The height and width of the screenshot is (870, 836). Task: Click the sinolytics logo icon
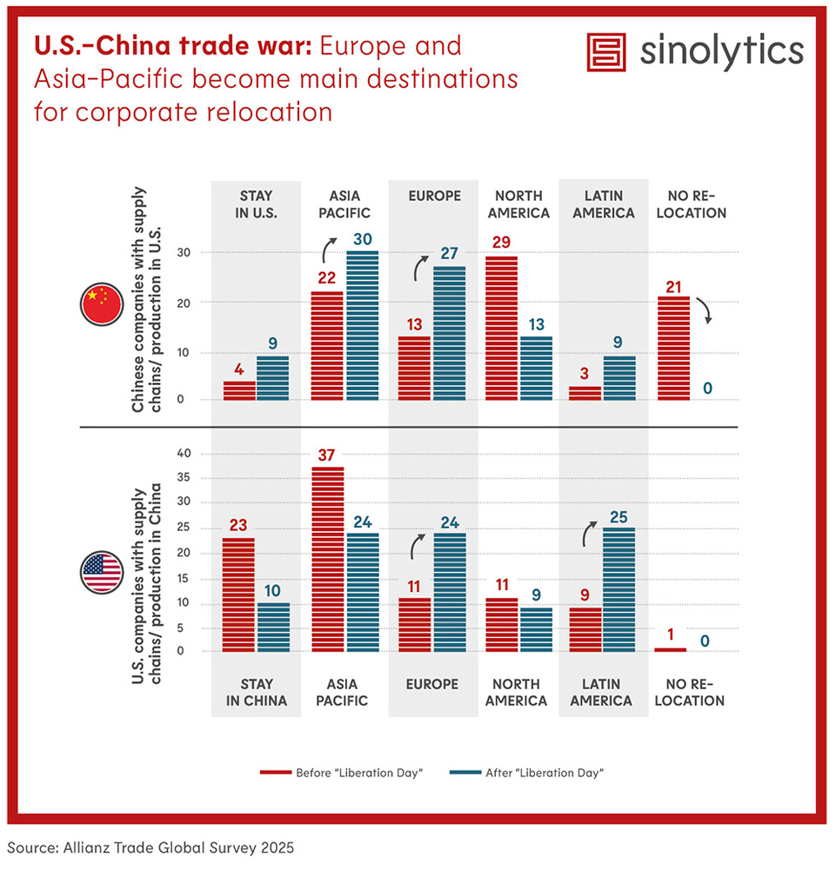tap(607, 53)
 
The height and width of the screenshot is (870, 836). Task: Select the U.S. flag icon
tap(102, 571)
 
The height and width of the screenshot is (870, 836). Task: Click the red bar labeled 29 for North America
tap(501, 328)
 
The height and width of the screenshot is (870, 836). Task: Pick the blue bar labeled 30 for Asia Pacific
tap(362, 325)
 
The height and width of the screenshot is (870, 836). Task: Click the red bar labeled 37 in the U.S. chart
tap(328, 559)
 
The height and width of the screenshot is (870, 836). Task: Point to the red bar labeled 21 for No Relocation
tap(673, 348)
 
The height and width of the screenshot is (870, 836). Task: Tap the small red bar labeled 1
tap(670, 649)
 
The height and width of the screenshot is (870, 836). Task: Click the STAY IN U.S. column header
tap(257, 204)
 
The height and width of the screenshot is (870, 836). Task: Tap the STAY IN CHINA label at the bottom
tap(257, 692)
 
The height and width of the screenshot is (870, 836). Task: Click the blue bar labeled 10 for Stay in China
tap(273, 627)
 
